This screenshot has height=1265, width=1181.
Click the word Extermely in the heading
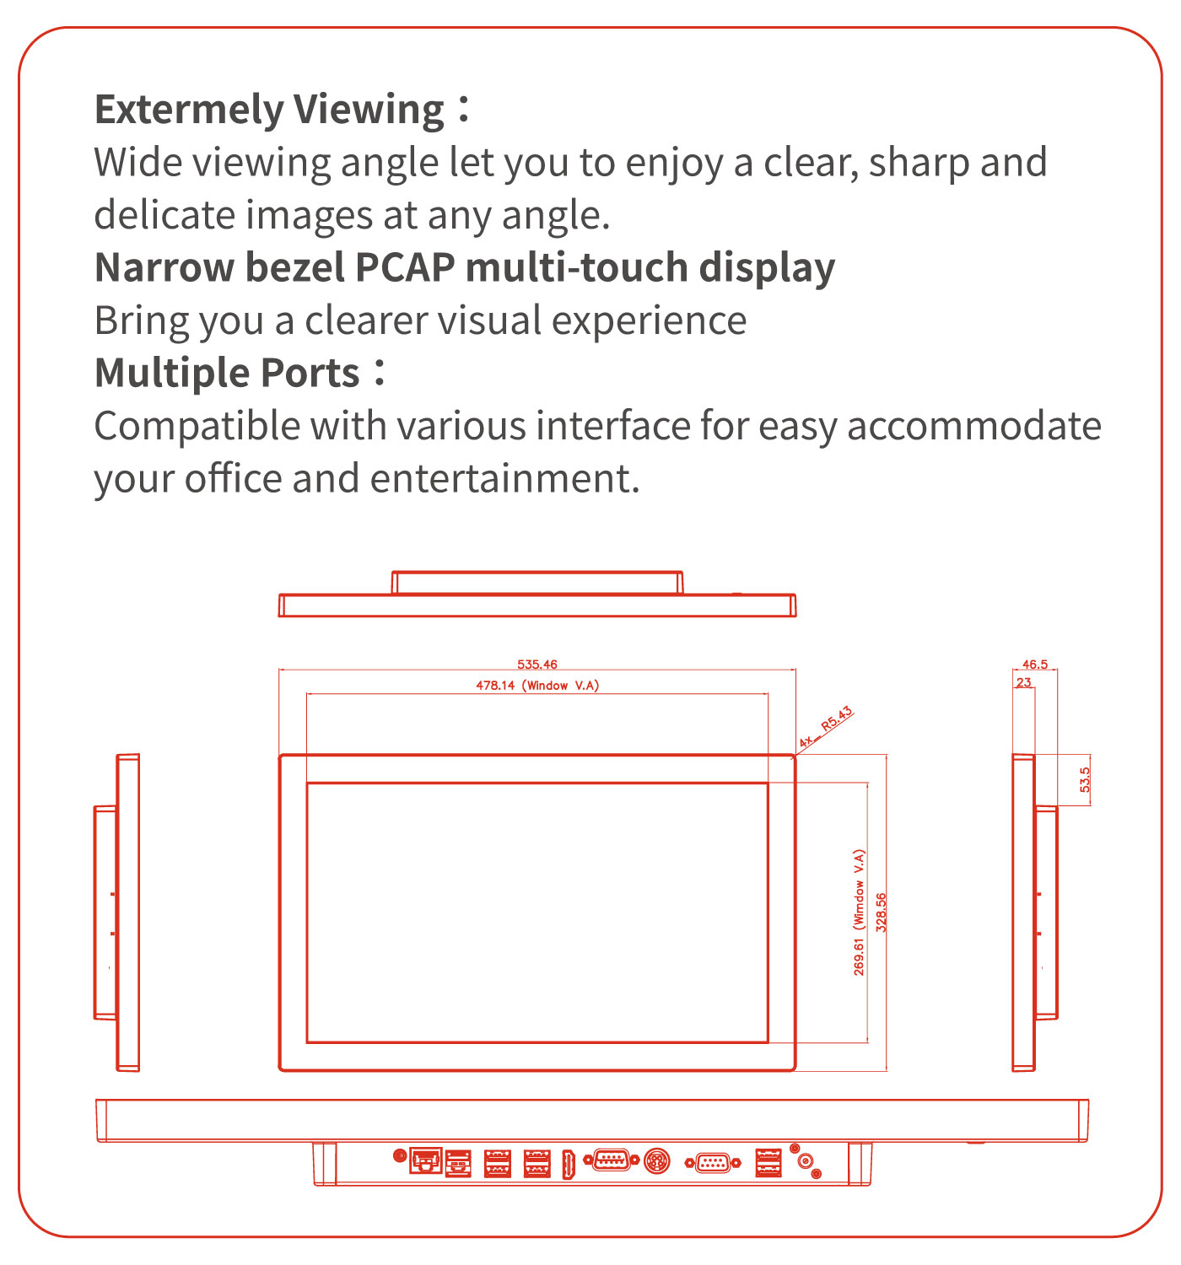point(189,110)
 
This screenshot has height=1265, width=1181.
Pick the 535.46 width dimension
point(537,665)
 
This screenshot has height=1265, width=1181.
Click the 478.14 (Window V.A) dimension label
point(537,686)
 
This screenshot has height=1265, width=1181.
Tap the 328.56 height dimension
point(881,912)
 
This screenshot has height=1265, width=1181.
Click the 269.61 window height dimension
point(859,912)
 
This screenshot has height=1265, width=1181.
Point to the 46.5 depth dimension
point(1034,665)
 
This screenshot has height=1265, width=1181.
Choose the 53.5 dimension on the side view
point(1085,779)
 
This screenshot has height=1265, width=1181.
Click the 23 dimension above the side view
point(1023,683)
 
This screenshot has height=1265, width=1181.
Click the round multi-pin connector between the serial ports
point(657,1162)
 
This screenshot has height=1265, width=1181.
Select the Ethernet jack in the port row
point(426,1160)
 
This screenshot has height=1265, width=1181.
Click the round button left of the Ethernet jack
point(400,1155)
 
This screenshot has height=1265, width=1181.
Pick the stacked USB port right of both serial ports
point(768,1163)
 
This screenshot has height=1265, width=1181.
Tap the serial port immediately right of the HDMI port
point(611,1160)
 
